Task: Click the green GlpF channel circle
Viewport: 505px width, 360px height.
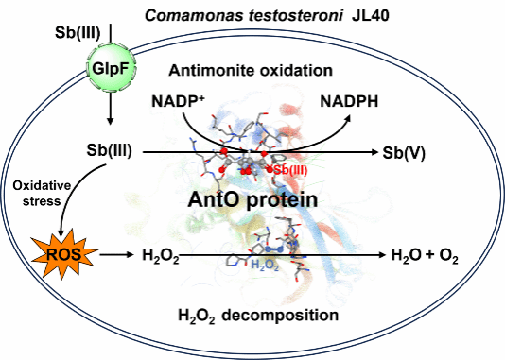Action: click(111, 69)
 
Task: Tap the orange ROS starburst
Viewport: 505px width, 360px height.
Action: click(63, 254)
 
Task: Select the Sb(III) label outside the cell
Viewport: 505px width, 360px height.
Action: click(78, 33)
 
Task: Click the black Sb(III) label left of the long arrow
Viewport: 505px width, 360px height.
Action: click(109, 150)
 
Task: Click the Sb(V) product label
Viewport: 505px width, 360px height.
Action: click(404, 153)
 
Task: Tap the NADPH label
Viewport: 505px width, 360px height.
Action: click(349, 102)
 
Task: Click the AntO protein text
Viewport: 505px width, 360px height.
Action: click(252, 199)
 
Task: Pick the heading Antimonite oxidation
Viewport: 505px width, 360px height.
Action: click(251, 71)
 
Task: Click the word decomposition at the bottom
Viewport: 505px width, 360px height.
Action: click(280, 316)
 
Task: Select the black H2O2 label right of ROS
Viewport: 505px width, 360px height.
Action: click(161, 256)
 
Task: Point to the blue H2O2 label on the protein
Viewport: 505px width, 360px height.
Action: click(265, 266)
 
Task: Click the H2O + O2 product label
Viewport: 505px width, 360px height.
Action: click(425, 255)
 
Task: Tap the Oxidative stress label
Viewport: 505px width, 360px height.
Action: click(42, 194)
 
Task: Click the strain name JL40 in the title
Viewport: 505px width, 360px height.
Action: click(371, 15)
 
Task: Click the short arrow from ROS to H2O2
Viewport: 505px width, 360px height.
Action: click(116, 255)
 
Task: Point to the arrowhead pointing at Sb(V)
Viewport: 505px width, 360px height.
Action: click(374, 152)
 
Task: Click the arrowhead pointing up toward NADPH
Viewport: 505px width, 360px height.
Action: click(347, 119)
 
